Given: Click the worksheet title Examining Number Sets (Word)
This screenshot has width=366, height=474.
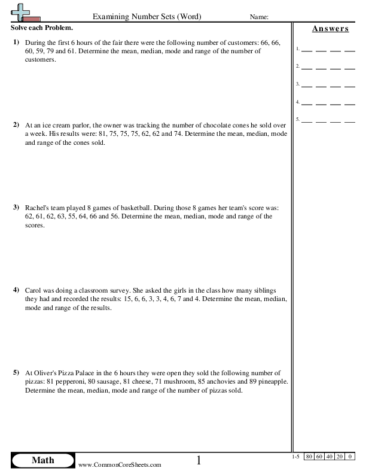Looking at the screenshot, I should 146,16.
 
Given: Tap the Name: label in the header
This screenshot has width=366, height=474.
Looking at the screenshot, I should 259,17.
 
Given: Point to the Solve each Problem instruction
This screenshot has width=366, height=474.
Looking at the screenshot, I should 42,28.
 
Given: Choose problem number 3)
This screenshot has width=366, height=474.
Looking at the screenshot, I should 16,207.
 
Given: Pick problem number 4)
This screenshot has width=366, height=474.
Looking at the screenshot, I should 16,290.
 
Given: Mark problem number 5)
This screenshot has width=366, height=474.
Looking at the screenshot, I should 16,372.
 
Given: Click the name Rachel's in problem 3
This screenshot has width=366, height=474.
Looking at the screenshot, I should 38,208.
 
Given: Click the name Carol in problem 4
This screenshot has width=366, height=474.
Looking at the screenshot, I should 34,290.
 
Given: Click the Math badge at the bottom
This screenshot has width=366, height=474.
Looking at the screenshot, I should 42,460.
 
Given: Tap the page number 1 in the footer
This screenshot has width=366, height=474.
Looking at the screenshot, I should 199,460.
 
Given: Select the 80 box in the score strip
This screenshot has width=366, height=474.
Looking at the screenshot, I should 309,457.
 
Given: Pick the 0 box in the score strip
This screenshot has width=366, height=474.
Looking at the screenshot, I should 350,457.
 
